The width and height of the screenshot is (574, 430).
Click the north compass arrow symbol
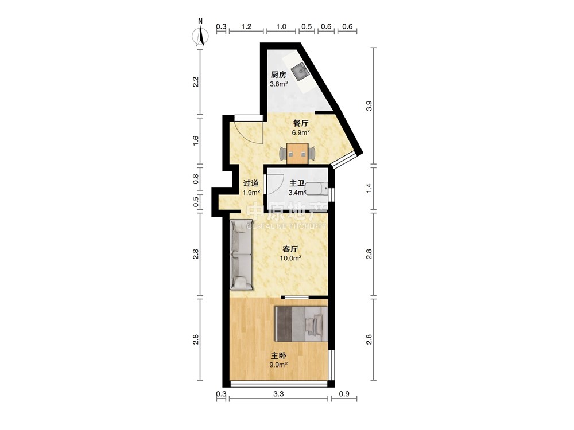coord(200,36)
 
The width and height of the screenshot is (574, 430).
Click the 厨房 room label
coord(278,75)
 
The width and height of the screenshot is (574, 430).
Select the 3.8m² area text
coord(278,84)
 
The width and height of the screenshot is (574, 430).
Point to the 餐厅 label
coord(301,123)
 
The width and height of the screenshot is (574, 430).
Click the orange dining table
coord(297,154)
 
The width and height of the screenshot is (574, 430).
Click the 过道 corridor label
coord(251,183)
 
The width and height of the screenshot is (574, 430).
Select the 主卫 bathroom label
coord(297,183)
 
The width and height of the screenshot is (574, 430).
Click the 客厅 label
coord(290,249)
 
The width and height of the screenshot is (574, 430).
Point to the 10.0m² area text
coord(290,259)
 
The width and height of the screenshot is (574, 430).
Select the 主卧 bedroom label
coord(278,355)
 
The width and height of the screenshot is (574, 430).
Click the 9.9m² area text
coord(278,365)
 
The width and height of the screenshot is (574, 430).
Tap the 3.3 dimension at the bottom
coord(278,394)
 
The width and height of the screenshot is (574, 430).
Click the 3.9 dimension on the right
coord(369,106)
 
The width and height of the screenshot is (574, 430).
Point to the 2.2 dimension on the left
coord(196,81)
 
